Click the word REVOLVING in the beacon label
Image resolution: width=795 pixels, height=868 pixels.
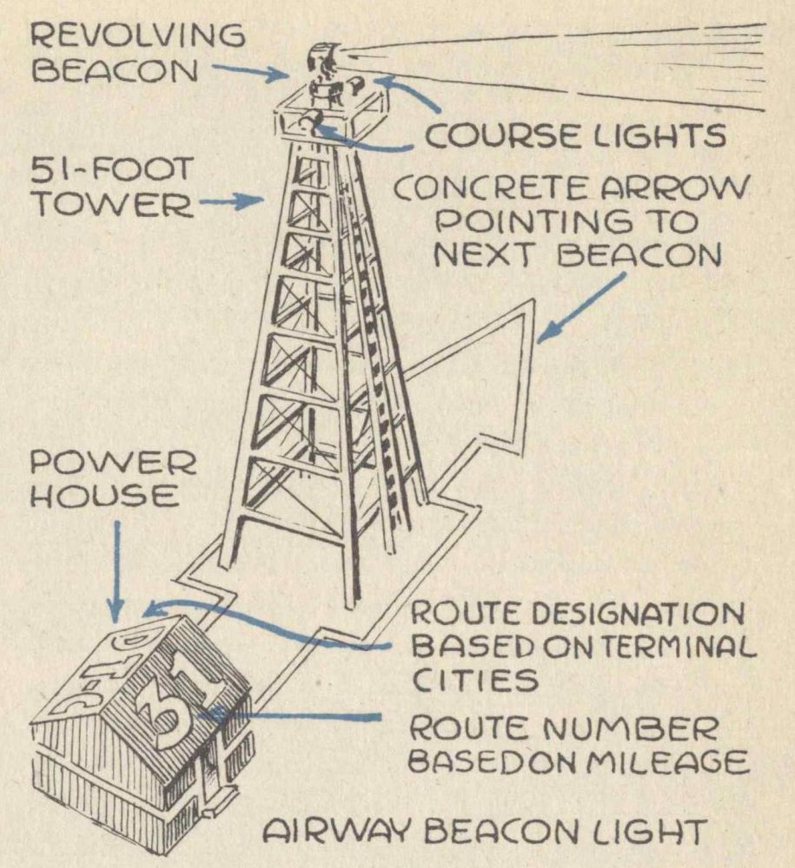click(136, 36)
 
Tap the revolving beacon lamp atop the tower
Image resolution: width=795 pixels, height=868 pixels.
click(323, 61)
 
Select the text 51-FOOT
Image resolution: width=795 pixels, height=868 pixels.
click(112, 170)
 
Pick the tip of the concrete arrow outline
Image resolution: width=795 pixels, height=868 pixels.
click(534, 299)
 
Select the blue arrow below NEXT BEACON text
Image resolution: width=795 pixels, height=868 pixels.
click(582, 307)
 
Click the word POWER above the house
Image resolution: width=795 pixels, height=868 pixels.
click(113, 463)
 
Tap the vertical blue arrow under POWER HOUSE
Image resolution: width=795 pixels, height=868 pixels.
click(116, 573)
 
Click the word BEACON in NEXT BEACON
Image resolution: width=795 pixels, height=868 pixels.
click(639, 255)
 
